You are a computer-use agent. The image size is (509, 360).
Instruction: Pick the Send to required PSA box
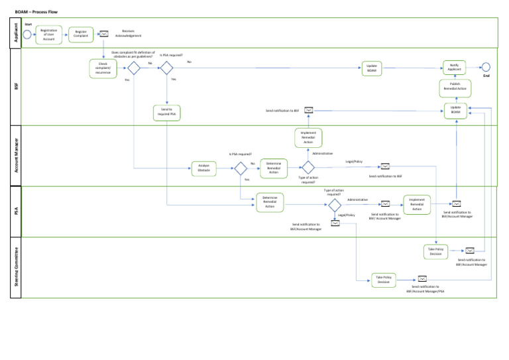166,111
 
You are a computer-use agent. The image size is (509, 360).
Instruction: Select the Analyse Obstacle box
203,168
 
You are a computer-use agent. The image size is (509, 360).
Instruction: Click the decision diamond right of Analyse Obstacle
241,168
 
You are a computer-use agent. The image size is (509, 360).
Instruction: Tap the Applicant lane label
17,32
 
